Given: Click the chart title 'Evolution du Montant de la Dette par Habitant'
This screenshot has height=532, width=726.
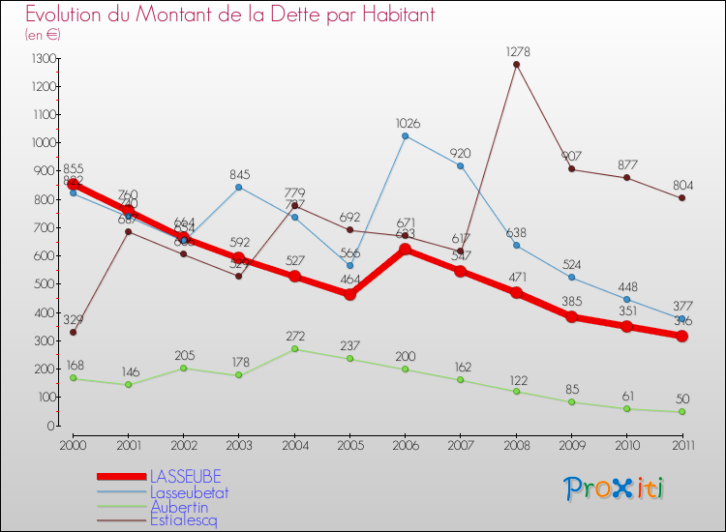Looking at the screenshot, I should point(229,15).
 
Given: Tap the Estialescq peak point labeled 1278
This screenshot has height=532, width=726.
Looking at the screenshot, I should point(516,65).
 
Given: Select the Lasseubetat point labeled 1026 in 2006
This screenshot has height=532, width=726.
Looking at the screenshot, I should point(405,135).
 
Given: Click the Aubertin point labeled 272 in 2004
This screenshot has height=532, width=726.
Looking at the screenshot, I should point(294,348).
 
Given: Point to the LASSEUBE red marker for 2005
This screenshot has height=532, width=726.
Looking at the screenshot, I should point(349,294).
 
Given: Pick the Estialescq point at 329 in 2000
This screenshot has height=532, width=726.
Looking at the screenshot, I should point(73,332).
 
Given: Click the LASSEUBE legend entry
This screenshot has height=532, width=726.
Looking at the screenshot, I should point(185,477).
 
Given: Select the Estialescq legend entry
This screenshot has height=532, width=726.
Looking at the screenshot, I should point(184,519).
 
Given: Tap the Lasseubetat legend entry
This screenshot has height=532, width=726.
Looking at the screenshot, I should point(189,491).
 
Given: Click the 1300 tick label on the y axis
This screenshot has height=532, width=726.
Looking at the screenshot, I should point(44,58).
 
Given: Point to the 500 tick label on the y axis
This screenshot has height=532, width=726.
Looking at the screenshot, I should point(44,284).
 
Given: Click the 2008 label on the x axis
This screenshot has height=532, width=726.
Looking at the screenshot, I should point(516,444).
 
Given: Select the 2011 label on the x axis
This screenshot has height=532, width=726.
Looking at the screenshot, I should point(682,444).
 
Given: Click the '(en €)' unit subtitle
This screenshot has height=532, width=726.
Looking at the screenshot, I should point(44,35).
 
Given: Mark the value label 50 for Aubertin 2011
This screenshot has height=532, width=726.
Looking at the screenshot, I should point(682,399).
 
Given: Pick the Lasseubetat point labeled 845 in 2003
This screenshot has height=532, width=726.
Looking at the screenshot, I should point(239,187).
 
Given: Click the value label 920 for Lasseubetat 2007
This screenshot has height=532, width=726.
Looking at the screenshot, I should point(461,153).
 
